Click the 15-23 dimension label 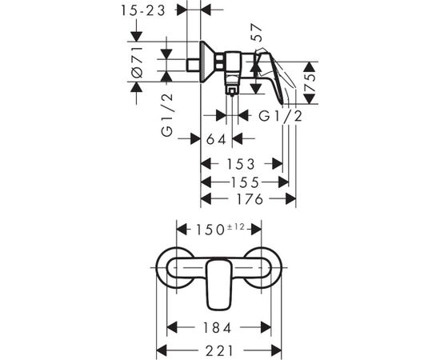tap(143, 10)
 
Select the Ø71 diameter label tap(138, 62)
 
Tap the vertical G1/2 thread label tap(166, 115)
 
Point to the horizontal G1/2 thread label tap(280, 116)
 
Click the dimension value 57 tap(256, 32)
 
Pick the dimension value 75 tap(310, 82)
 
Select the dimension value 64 tap(216, 139)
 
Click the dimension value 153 tap(241, 164)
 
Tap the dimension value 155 tap(245, 182)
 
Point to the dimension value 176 tap(250, 199)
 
